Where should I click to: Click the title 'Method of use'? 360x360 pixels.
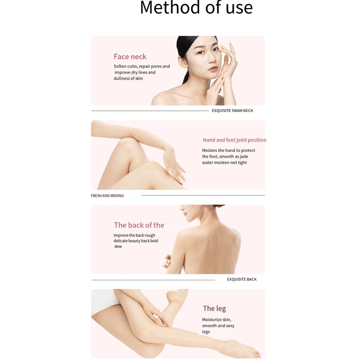[x=196, y=9]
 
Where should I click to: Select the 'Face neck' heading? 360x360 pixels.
[x=130, y=56]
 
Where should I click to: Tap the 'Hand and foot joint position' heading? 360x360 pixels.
[x=234, y=140]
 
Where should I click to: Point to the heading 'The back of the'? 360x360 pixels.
[x=139, y=225]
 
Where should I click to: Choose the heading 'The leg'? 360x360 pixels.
[x=214, y=308]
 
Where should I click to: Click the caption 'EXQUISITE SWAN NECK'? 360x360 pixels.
[x=232, y=111]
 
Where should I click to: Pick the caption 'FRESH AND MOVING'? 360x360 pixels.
[x=107, y=196]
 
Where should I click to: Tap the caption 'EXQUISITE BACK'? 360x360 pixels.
[x=242, y=279]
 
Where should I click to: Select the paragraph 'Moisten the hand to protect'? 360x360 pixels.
[x=228, y=156]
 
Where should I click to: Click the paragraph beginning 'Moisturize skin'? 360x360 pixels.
[x=218, y=325]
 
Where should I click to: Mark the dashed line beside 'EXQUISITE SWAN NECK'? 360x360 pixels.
[x=150, y=111]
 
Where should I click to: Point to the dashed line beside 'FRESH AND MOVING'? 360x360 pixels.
[x=202, y=195]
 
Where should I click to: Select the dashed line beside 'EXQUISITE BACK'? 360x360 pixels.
[x=153, y=280]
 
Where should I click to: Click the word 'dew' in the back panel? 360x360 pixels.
[x=118, y=247]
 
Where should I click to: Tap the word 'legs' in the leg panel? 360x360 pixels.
[x=206, y=332]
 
